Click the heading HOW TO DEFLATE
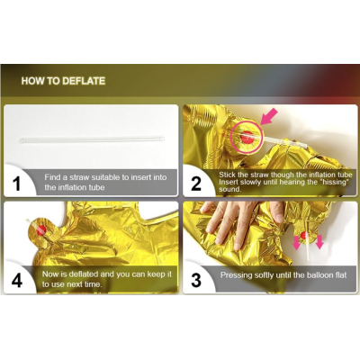tap(63, 81)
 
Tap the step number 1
tap(17, 184)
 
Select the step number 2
tap(196, 184)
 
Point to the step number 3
tap(196, 280)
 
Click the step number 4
tap(17, 280)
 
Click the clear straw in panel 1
tap(92, 139)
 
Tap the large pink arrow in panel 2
tap(269, 117)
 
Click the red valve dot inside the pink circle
tap(247, 137)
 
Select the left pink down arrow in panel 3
tap(296, 243)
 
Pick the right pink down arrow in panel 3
tap(319, 242)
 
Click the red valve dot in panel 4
tap(41, 230)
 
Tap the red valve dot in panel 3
tap(304, 235)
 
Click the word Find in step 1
tap(52, 177)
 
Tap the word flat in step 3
tap(341, 274)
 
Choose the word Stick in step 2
tap(227, 175)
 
